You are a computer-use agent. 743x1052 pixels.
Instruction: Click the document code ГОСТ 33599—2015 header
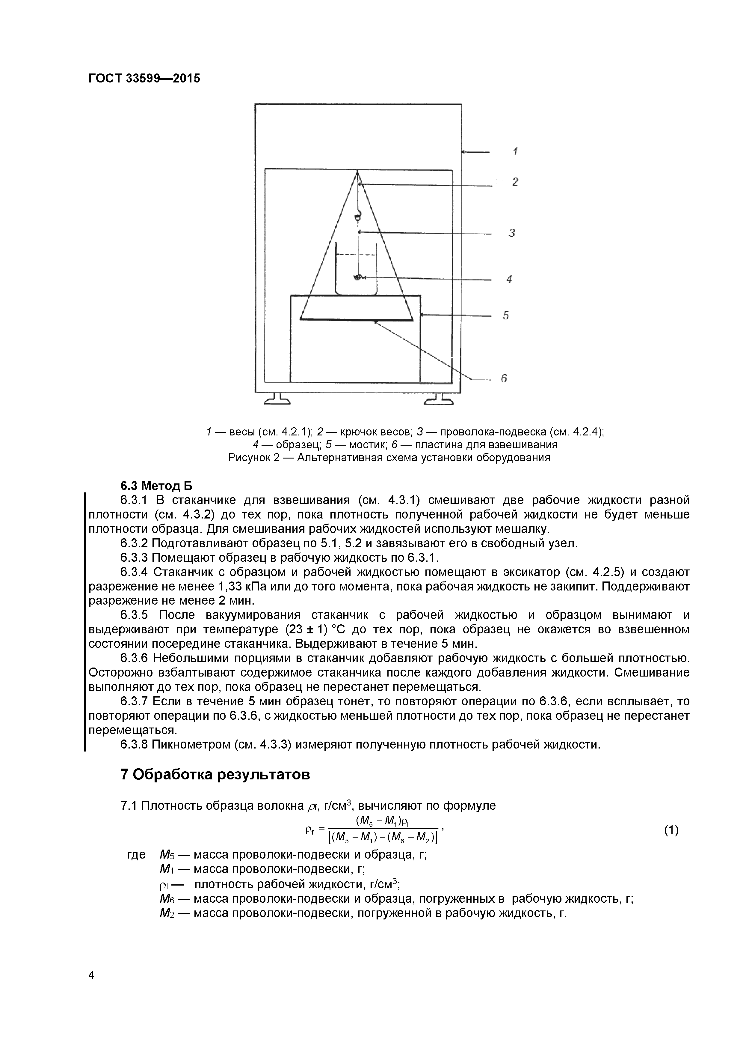point(144,78)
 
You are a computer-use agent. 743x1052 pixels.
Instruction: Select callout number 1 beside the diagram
point(515,152)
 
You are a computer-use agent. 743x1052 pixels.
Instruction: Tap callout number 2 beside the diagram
point(515,182)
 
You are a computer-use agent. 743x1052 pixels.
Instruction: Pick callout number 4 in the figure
point(509,279)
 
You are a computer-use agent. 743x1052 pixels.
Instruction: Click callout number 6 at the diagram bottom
point(504,378)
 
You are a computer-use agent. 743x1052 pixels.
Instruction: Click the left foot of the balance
point(277,400)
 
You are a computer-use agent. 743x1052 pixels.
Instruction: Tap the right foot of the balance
point(439,400)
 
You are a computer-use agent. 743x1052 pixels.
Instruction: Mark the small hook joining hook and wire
point(357,214)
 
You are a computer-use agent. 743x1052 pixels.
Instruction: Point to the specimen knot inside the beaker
point(358,277)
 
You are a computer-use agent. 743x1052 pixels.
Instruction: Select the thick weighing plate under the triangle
point(357,319)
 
